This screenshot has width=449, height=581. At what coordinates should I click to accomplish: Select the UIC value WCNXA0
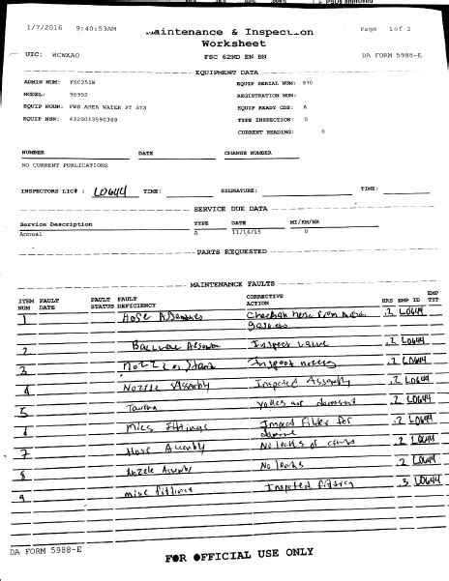[x=65, y=58]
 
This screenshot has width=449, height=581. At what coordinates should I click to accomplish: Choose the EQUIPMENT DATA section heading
[x=226, y=72]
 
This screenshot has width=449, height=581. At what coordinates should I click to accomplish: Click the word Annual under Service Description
[x=30, y=233]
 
